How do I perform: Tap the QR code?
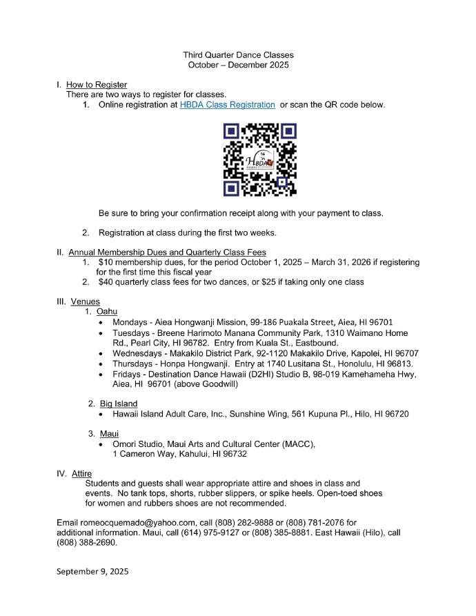[x=260, y=159]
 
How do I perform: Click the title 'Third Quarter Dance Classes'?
[x=238, y=54]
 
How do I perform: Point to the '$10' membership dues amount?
[x=106, y=263]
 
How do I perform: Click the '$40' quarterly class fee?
[x=106, y=282]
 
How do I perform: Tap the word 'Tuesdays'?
[x=132, y=332]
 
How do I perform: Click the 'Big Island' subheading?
[x=119, y=404]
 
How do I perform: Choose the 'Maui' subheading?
[x=109, y=433]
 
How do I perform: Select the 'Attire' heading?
[x=81, y=474]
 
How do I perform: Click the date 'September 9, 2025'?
[x=92, y=572]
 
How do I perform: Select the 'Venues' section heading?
[x=86, y=301]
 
